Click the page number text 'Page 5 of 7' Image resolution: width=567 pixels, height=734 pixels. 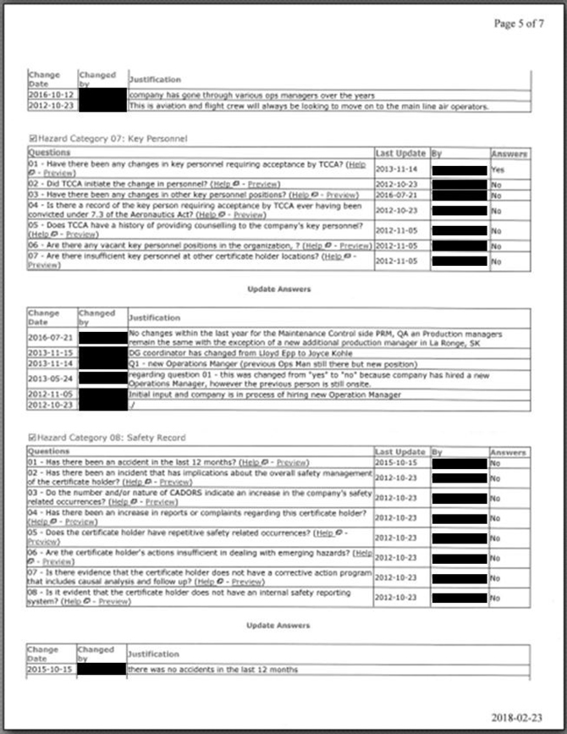pos(520,23)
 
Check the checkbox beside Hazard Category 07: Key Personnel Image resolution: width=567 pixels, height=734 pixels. pos(32,137)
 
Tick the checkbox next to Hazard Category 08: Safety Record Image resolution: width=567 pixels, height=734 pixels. pos(32,437)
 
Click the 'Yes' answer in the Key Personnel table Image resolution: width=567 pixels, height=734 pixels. pos(498,168)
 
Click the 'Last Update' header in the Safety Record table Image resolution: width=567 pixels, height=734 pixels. pos(401,453)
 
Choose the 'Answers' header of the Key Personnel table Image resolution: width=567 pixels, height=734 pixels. pos(510,154)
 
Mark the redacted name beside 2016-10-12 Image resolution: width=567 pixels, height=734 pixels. pos(102,95)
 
